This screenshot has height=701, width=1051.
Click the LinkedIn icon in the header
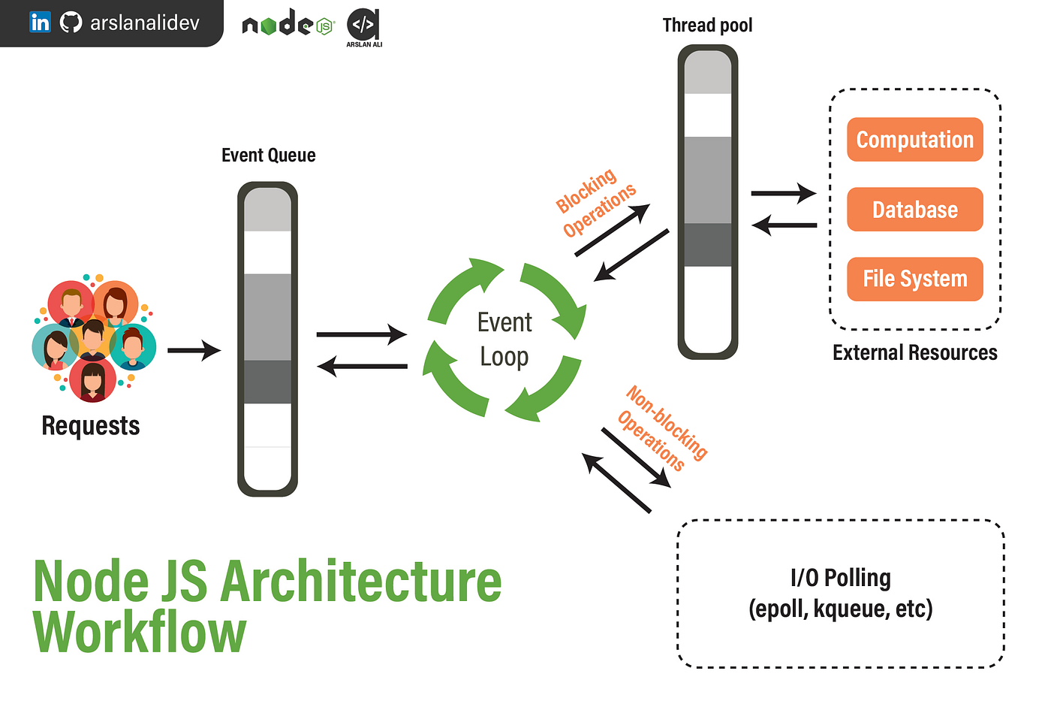point(40,23)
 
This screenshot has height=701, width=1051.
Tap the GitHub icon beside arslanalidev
point(71,23)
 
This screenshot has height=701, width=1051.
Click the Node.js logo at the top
point(288,24)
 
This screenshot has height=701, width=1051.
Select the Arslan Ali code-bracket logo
point(364,26)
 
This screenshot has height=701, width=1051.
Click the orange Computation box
point(914,140)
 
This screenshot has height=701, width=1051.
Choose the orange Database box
point(914,210)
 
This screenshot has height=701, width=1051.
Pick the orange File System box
point(914,279)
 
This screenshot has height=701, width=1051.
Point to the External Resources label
point(914,352)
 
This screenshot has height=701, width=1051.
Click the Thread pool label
point(707,26)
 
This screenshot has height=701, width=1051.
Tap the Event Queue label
point(268,156)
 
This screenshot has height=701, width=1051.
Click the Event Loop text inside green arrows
point(504,339)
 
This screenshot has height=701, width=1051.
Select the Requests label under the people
point(90,425)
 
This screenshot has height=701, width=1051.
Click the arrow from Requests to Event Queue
point(194,350)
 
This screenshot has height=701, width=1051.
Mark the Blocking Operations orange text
point(595,201)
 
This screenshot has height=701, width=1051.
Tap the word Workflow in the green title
point(140,633)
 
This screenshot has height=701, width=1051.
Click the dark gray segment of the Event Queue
point(267,382)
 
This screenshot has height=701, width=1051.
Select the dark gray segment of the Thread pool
point(707,244)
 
